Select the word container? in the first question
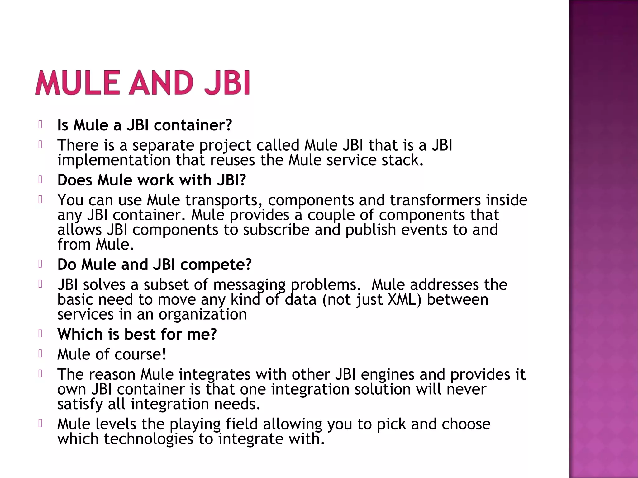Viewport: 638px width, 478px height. pos(193,125)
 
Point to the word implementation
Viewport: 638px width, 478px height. pos(114,160)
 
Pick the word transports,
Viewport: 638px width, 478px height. pos(224,200)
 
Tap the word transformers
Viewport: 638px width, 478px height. pos(435,200)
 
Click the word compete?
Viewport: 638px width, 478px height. pos(216,265)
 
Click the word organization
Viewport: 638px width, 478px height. pos(202,315)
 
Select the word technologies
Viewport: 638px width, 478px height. pos(148,439)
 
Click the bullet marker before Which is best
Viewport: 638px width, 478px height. pos(40,334)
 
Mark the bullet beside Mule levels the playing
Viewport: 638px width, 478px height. pos(40,423)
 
